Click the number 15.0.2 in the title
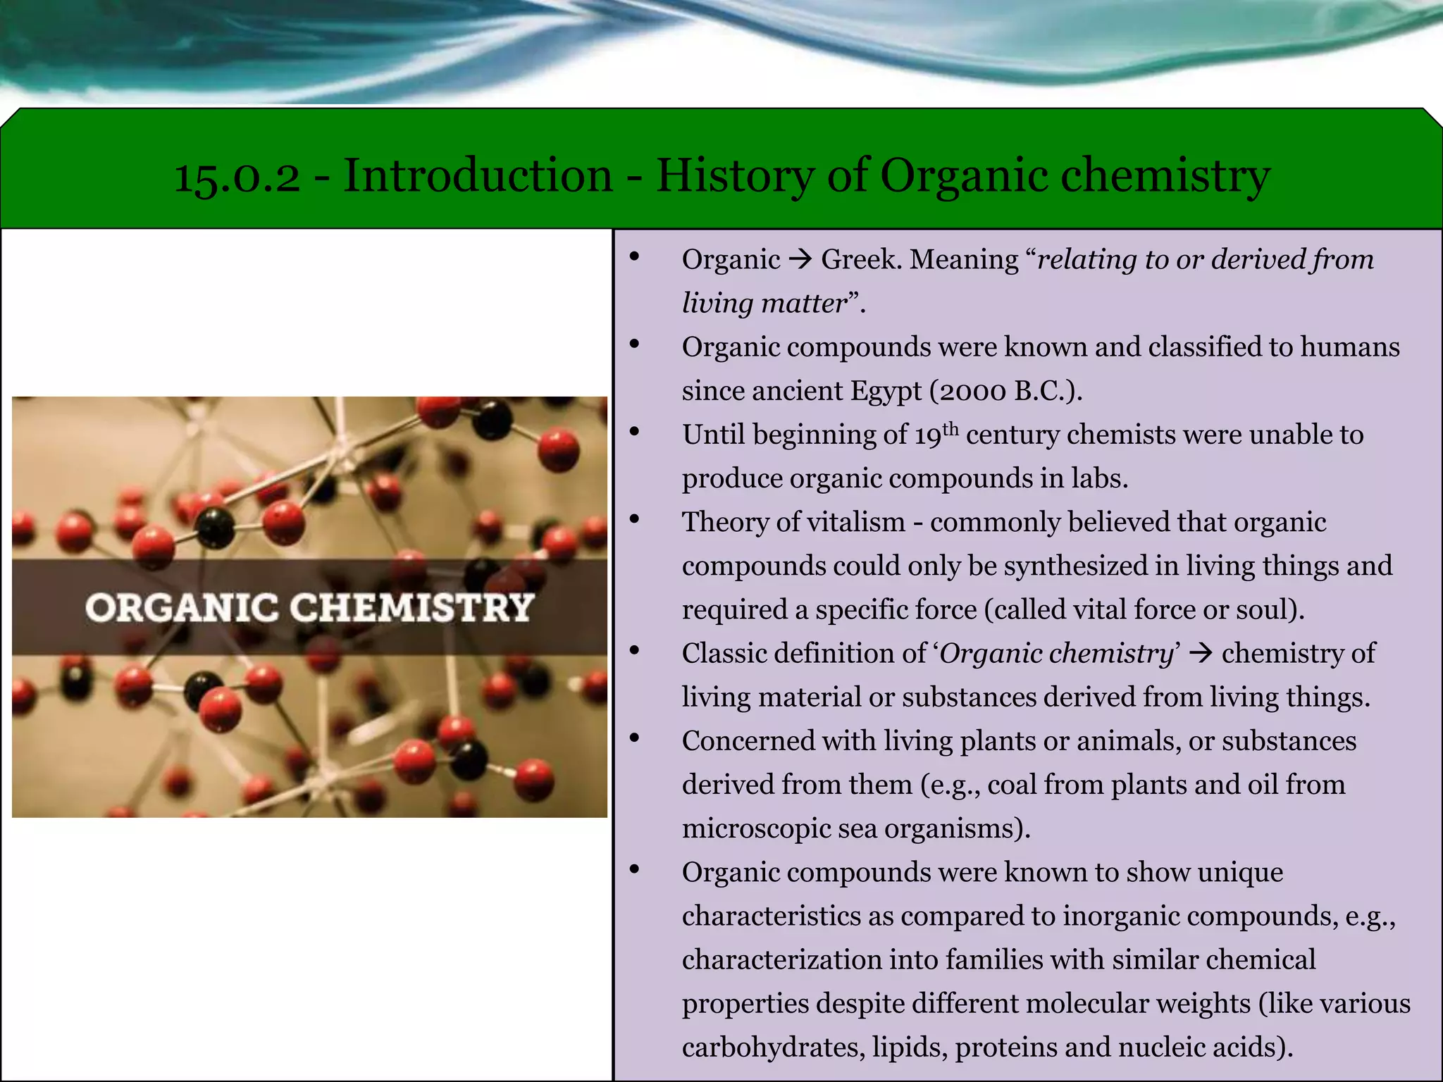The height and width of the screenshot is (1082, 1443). (x=237, y=176)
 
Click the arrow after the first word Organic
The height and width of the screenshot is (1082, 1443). (x=800, y=260)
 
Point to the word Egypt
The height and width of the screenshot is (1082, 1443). (x=886, y=391)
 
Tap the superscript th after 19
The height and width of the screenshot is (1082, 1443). (x=950, y=428)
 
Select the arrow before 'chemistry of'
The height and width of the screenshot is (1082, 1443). (x=1201, y=653)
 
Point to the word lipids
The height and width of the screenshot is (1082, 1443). (x=909, y=1047)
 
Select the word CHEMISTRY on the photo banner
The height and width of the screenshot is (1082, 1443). (x=411, y=608)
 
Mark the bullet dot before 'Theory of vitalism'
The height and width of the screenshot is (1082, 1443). (x=634, y=520)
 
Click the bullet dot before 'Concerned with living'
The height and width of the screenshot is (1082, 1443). (x=634, y=739)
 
